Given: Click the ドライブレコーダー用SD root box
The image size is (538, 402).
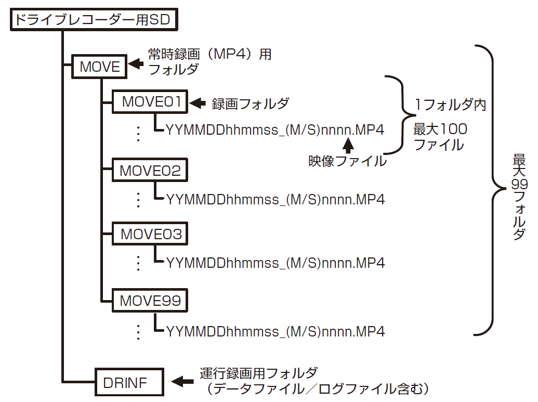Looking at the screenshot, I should click(94, 20).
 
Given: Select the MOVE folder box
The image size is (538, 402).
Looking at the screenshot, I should click(100, 66).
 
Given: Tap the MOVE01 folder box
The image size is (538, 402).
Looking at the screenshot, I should click(150, 102).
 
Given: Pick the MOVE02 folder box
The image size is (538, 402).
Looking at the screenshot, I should click(150, 171).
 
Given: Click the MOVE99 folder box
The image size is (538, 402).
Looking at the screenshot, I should click(150, 301).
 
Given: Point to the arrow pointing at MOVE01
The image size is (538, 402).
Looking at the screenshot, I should click(198, 103).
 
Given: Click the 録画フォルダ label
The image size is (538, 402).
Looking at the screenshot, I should click(251, 104).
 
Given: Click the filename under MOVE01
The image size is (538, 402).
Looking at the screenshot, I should click(275, 130).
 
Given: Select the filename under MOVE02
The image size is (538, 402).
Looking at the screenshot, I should click(275, 199).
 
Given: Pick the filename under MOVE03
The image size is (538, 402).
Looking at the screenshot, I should click(275, 263).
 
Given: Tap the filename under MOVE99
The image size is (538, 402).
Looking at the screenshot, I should click(275, 331).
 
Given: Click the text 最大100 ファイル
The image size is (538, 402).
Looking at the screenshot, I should click(440, 137).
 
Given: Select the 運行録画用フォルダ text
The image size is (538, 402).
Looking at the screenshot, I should click(258, 373).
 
